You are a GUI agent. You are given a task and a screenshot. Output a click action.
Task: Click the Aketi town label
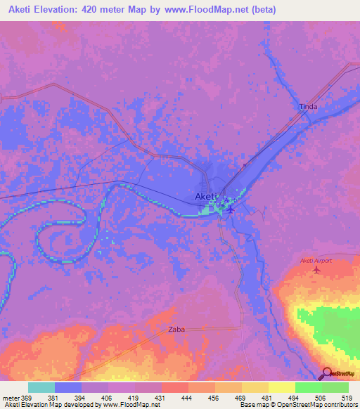[206, 197]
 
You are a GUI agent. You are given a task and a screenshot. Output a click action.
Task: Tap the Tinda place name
[308, 107]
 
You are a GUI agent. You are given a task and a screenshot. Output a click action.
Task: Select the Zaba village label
[176, 329]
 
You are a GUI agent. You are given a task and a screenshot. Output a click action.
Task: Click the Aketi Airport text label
[316, 261]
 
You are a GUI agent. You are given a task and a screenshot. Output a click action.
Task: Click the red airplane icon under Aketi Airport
[316, 269]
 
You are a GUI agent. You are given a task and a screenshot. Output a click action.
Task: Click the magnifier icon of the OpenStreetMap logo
[327, 374]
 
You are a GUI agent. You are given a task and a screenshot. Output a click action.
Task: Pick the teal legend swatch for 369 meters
[41, 387]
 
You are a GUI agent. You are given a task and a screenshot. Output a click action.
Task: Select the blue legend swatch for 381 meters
[68, 387]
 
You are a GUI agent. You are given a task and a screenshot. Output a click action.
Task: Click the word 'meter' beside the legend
[12, 397]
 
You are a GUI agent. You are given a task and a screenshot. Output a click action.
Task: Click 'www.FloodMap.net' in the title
[219, 10]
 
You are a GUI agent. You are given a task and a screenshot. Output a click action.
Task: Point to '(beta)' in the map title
[264, 10]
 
